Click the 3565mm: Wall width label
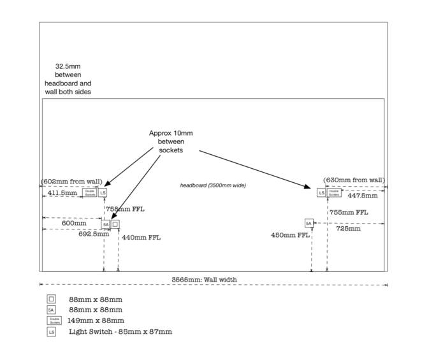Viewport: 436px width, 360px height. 204,278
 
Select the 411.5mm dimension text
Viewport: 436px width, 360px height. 62,192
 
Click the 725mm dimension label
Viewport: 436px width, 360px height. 348,228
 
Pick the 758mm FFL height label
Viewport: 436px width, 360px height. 125,208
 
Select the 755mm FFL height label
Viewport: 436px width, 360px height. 348,212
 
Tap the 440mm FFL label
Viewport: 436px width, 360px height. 142,238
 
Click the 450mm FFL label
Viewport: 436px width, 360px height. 291,234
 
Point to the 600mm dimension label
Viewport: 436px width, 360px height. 73,223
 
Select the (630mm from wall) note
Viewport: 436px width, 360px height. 354,180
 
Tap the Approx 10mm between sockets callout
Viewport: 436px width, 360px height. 171,141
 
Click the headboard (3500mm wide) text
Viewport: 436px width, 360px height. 213,185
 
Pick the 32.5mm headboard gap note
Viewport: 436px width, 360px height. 68,79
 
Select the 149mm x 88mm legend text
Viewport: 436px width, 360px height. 96,320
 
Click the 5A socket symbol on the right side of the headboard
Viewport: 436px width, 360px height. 309,223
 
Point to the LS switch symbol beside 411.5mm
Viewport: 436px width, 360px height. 103,192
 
